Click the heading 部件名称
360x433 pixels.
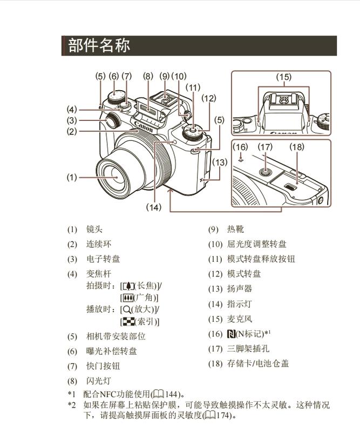tap(99, 45)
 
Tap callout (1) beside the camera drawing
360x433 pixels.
tap(72, 177)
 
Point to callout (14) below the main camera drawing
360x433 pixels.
tap(154, 207)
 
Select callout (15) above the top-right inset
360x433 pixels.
tap(283, 77)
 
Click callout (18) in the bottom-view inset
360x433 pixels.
tap(296, 146)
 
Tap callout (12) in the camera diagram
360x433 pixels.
tap(208, 98)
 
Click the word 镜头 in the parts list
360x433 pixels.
tap(94, 229)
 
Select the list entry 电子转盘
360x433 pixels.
tap(103, 259)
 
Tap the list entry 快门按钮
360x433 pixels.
tap(103, 366)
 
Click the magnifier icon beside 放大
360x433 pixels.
tap(126, 309)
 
